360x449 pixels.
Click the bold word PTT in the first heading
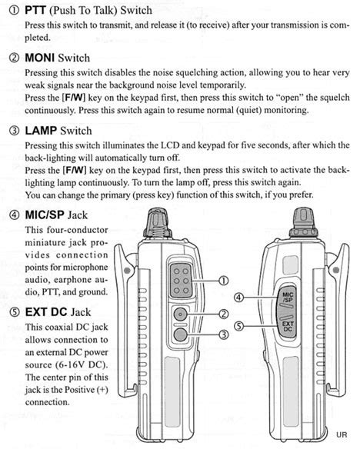click(35, 10)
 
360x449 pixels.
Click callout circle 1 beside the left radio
click(223, 282)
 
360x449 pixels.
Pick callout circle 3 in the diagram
click(223, 334)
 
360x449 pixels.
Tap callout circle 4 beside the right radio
click(238, 297)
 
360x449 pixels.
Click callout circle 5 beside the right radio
click(238, 326)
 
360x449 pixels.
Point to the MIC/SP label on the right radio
click(288, 296)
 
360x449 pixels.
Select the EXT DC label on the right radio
click(288, 326)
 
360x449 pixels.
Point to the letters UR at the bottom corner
click(342, 434)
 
